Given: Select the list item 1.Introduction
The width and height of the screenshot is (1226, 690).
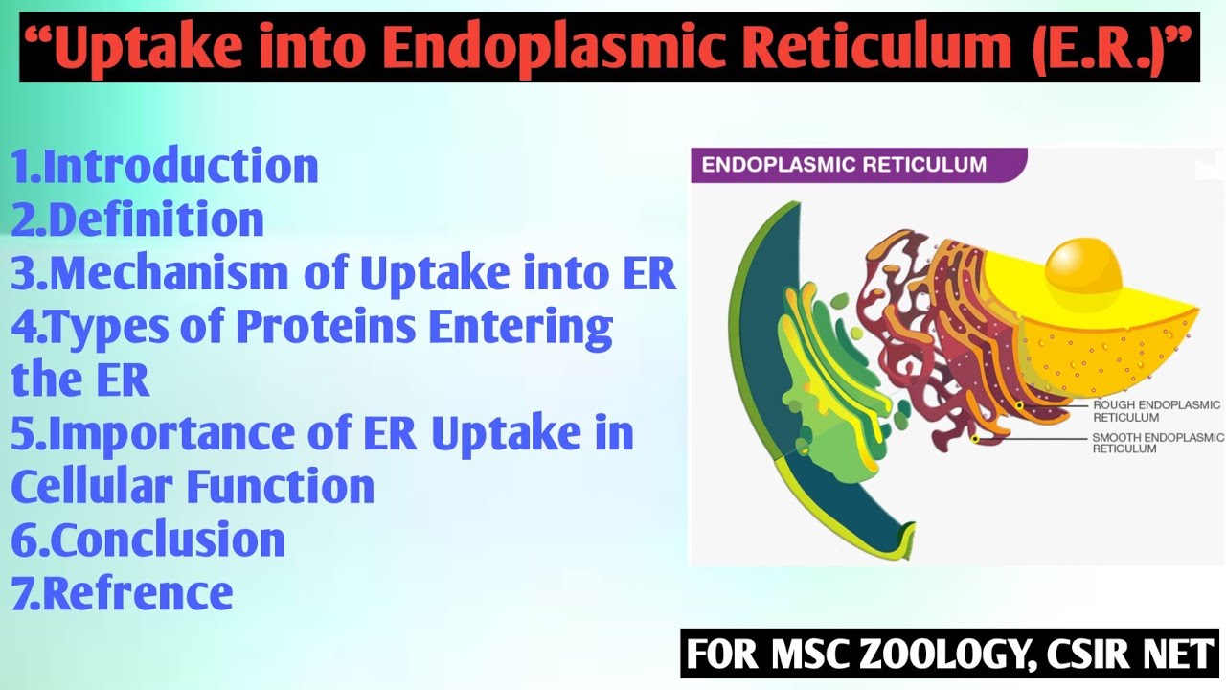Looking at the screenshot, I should coord(165,166).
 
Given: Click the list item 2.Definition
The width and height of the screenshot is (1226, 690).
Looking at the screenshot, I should coord(138,219).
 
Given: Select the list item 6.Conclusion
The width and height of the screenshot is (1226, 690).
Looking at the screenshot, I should coord(148,540).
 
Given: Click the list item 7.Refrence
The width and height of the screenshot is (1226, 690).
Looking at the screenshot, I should coord(123,593).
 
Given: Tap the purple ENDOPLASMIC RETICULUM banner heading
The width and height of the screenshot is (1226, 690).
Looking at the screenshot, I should coord(844,165).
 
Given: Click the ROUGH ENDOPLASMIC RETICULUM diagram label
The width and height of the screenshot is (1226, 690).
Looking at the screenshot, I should coord(1156,411).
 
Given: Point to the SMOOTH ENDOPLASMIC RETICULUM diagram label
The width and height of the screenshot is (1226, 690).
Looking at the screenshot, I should coord(1157,443).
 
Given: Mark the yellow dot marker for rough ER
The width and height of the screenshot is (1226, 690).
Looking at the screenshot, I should coord(1019,405).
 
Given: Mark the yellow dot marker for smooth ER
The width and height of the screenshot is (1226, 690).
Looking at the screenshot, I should coord(975,438).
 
